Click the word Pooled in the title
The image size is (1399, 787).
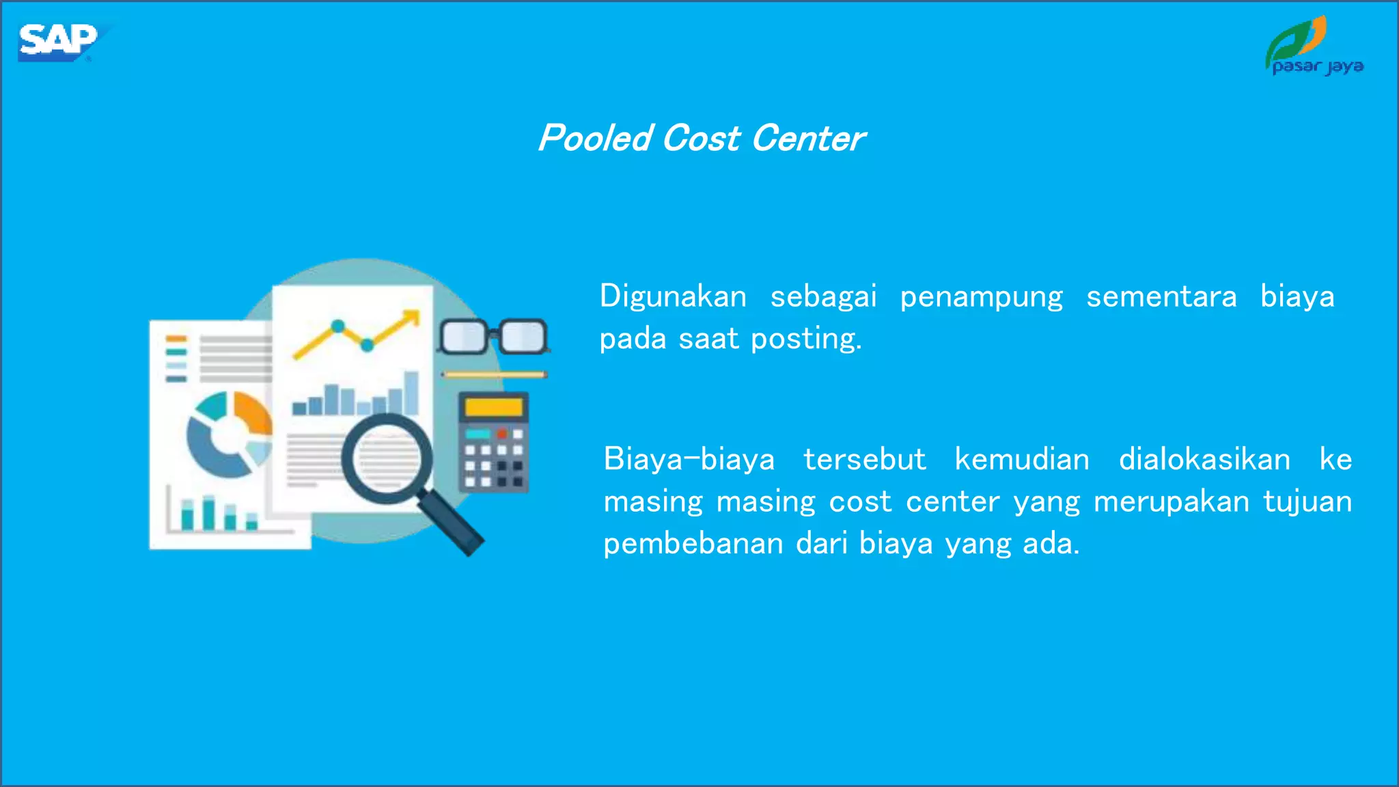click(x=595, y=139)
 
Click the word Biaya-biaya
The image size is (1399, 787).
click(x=689, y=459)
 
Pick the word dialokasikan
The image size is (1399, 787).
click(x=1204, y=459)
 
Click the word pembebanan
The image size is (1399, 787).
click(x=693, y=544)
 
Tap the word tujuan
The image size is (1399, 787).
click(x=1307, y=503)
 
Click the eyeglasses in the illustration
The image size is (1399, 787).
click(x=493, y=336)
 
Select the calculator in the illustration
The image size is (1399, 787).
click(x=493, y=442)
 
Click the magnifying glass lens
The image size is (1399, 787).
click(x=387, y=458)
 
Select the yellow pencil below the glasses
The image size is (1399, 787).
click(x=493, y=374)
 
